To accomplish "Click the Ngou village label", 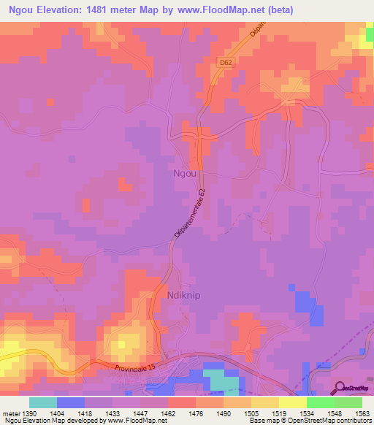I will (183, 174).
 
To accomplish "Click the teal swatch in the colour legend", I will (43, 402).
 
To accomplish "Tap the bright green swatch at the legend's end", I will (348, 402).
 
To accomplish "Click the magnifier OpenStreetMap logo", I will (341, 388).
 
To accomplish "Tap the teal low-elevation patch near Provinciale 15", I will (220, 381).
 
